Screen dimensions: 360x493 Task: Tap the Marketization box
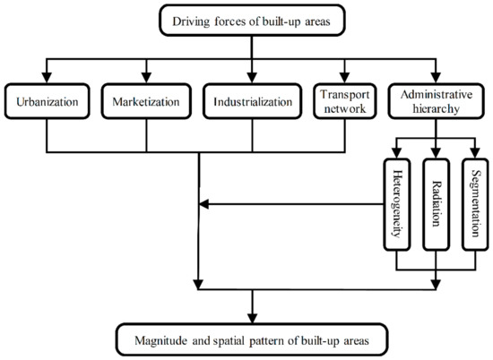(145, 101)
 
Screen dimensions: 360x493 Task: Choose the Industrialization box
(252, 101)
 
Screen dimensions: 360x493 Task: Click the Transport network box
(342, 101)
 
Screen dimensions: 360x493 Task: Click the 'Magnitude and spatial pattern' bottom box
(253, 339)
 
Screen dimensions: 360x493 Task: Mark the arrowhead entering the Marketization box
(145, 79)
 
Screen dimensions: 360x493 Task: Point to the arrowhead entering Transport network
(342, 79)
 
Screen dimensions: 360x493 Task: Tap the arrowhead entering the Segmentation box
(473, 153)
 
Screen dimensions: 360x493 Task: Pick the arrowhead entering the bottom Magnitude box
(253, 318)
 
